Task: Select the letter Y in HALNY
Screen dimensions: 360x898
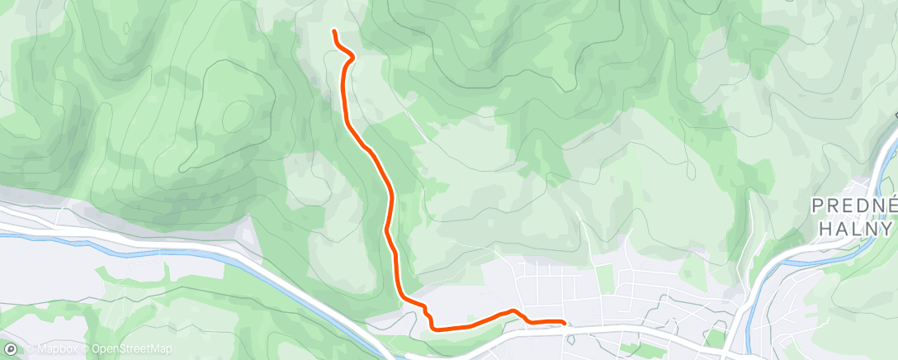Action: pos(886,228)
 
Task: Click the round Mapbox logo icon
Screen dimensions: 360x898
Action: pos(11,349)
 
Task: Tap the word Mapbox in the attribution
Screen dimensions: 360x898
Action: pos(52,349)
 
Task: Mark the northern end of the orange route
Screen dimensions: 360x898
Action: pos(334,31)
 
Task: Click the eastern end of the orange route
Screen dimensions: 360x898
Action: pos(564,322)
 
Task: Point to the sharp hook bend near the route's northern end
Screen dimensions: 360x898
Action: pos(351,56)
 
